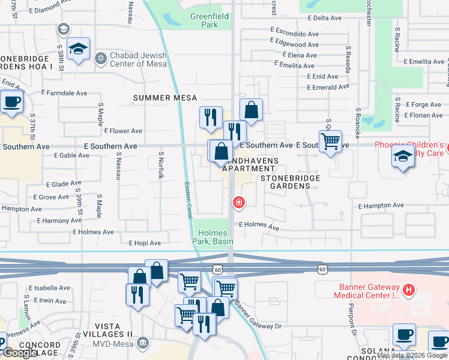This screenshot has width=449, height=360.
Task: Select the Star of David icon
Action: click(x=101, y=58)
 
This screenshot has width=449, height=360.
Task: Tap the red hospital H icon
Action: click(x=409, y=290)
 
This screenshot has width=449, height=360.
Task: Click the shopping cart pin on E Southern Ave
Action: click(x=330, y=142)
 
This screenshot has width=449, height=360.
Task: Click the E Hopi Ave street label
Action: click(x=145, y=243)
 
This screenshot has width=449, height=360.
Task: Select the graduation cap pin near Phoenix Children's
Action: click(x=403, y=157)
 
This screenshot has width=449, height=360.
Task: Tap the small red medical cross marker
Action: click(x=239, y=203)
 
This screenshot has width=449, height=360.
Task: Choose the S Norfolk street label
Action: click(x=161, y=165)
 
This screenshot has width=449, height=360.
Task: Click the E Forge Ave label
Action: click(x=423, y=105)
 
